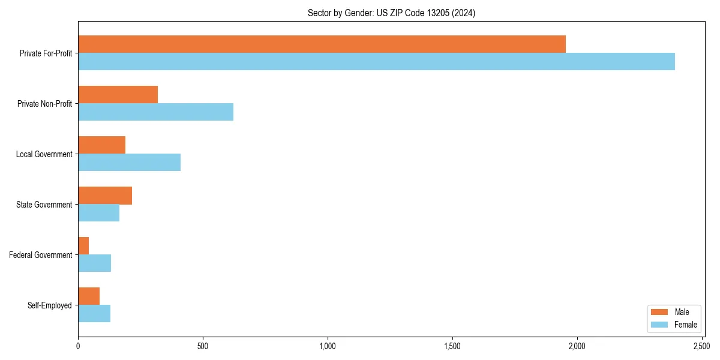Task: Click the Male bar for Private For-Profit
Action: click(322, 44)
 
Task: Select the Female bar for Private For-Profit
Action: click(376, 61)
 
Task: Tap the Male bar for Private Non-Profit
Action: click(118, 95)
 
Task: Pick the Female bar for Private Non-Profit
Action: click(155, 112)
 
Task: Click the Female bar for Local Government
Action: click(129, 162)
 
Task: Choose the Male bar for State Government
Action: click(105, 196)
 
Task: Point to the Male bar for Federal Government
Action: click(83, 246)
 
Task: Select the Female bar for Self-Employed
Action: click(94, 313)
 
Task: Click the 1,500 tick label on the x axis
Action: click(452, 346)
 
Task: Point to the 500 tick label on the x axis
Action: click(203, 346)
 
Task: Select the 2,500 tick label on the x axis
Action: click(702, 346)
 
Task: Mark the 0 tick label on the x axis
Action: click(78, 346)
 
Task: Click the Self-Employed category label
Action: click(50, 305)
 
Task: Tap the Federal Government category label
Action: click(41, 255)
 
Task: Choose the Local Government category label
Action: click(44, 154)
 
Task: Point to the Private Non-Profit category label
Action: click(46, 104)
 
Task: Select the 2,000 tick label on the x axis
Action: click(577, 346)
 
